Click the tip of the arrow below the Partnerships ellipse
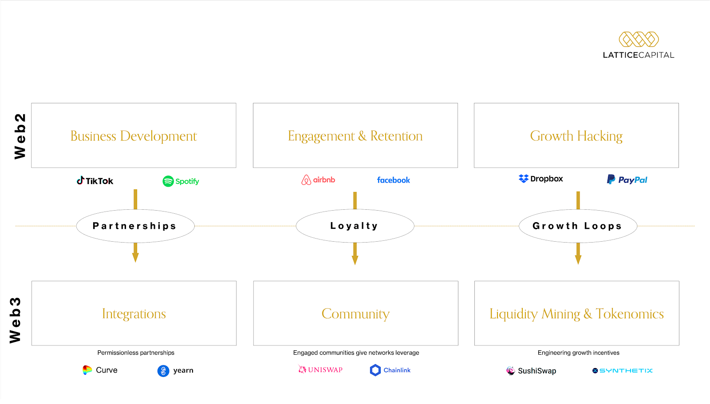click(x=135, y=263)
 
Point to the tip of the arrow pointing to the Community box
click(x=355, y=265)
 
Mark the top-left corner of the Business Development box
click(x=32, y=103)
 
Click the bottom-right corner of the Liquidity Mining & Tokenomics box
click(x=679, y=345)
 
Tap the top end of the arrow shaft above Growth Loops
click(x=578, y=192)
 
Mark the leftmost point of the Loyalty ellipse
click(x=296, y=226)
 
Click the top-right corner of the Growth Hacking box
click(x=678, y=103)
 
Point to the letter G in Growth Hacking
click(x=535, y=136)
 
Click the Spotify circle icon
click(x=168, y=181)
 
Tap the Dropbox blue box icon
click(x=524, y=179)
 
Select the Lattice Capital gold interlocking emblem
click(x=639, y=39)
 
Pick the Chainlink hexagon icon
click(x=375, y=370)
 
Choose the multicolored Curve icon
click(x=87, y=370)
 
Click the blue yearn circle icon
click(x=163, y=371)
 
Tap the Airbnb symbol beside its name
click(x=306, y=180)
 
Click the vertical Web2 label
click(x=20, y=136)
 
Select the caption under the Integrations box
click(x=136, y=353)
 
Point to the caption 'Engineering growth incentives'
click(x=579, y=353)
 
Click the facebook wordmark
click(x=393, y=180)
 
